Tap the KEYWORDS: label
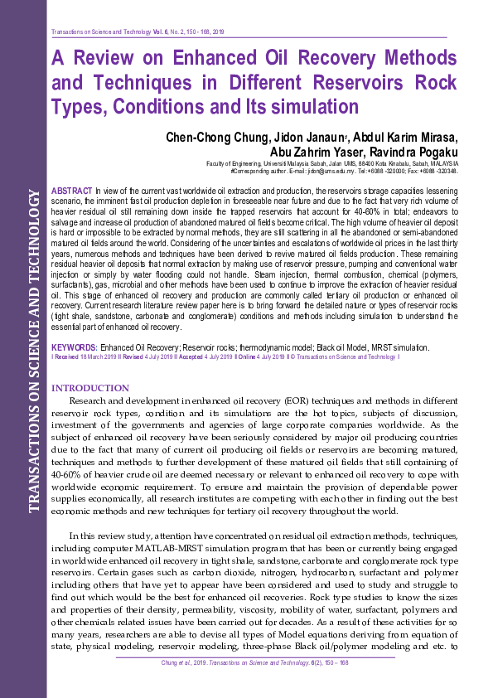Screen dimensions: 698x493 pyautogui.click(x=75, y=347)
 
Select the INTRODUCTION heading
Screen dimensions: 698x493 pyautogui.click(x=90, y=388)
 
